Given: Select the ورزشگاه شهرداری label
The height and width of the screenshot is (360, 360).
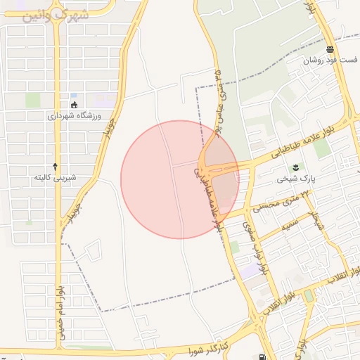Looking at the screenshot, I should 75,116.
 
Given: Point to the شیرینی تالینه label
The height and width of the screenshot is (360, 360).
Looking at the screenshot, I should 56,178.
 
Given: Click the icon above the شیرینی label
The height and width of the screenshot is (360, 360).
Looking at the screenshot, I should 56,166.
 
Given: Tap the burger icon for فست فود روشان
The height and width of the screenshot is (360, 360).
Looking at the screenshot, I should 330,49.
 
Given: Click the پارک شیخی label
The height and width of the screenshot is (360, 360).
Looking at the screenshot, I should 293,179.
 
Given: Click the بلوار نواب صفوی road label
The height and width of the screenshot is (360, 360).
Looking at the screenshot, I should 257,246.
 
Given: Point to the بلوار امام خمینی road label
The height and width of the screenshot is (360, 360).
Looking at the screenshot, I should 61,314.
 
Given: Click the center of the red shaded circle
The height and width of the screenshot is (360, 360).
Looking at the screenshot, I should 180,179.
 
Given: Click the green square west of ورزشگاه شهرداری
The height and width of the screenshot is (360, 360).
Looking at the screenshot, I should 33,101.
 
